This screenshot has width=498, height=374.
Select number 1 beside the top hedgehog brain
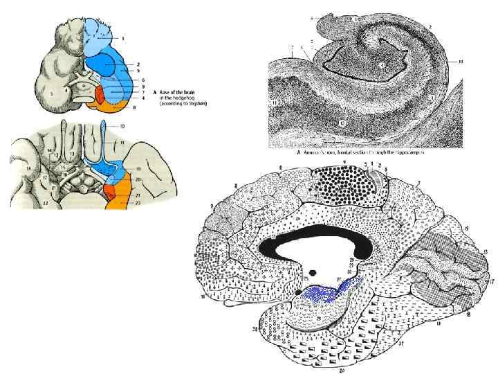pos(123,39)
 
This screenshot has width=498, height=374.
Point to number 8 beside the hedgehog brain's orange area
pos(135,108)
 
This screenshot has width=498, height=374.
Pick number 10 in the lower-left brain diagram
pos(122,127)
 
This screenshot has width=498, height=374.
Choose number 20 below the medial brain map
pos(343,370)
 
